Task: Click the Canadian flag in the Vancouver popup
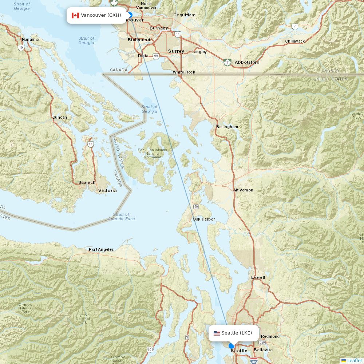tap(75, 15)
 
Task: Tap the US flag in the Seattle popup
tap(217, 333)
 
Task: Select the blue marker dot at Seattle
tap(232, 346)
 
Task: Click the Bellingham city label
tap(227, 127)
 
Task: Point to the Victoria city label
tap(107, 190)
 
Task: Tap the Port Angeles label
tap(101, 249)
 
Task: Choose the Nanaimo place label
tap(30, 39)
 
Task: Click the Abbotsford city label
tap(247, 62)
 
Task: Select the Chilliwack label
tap(295, 41)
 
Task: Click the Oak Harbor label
tap(203, 219)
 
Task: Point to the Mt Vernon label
tap(243, 190)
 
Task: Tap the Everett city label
tap(258, 277)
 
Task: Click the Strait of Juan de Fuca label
tap(121, 217)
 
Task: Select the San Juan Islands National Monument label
tap(152, 153)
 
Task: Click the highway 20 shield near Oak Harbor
tap(196, 207)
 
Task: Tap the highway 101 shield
tap(150, 350)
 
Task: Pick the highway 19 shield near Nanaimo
tap(21, 48)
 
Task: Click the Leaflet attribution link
tap(354, 360)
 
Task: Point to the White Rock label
tap(184, 72)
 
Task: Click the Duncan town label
tap(60, 117)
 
